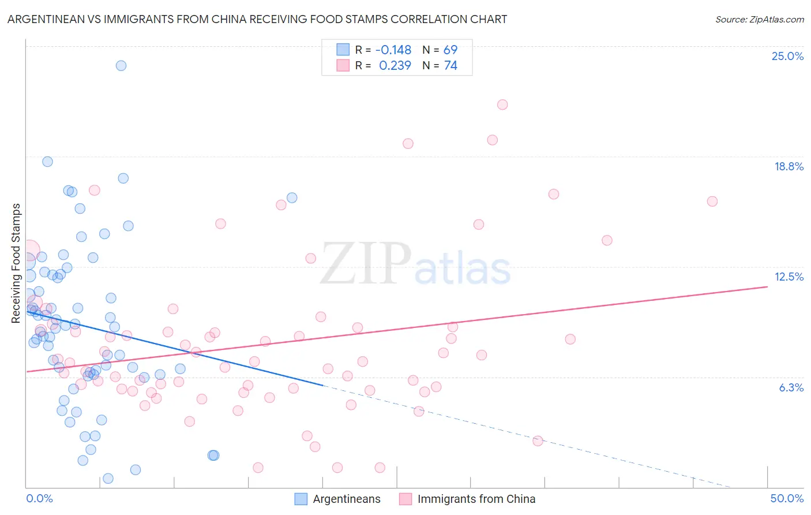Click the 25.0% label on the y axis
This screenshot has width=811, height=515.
tap(787, 56)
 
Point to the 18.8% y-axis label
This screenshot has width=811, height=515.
tap(789, 166)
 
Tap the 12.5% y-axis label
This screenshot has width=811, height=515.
tap(789, 277)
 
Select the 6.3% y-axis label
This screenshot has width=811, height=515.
tap(791, 387)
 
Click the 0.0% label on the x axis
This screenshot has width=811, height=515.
tap(39, 498)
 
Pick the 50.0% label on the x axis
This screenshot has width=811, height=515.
tap(787, 498)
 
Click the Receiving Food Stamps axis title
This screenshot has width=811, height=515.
tap(16, 263)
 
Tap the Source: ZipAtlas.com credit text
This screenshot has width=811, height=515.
tap(759, 19)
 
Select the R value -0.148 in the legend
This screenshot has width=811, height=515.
tap(393, 50)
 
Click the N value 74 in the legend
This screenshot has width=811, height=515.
tap(450, 66)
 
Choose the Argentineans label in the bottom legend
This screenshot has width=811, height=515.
tap(347, 499)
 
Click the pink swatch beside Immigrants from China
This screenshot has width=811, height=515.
tap(405, 499)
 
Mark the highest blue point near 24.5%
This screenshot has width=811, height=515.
tap(121, 65)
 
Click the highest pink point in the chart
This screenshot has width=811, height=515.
tap(502, 105)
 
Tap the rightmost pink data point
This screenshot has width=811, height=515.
tap(712, 201)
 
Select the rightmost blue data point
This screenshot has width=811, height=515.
tap(292, 197)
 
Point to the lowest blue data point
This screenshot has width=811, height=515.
tap(108, 479)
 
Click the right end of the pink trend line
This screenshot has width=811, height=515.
tap(768, 286)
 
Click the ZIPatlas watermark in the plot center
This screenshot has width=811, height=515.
tap(415, 264)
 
